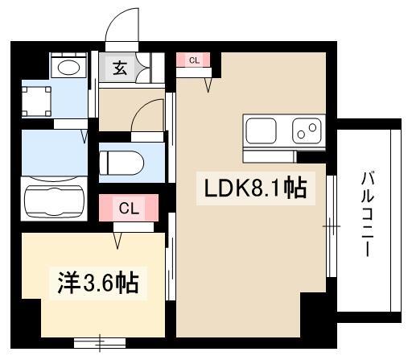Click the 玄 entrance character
tap(118, 68)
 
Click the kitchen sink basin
tap(262, 129)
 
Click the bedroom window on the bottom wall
tap(100, 341)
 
